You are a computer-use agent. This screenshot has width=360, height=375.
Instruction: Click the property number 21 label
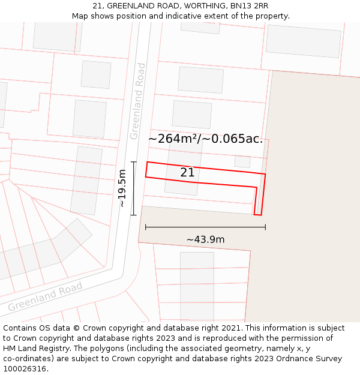click(x=187, y=173)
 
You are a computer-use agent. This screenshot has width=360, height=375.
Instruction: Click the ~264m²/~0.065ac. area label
click(x=206, y=139)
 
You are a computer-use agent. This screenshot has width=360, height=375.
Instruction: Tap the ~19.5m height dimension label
click(x=122, y=188)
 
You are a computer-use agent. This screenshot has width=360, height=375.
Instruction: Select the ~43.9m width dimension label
click(x=205, y=240)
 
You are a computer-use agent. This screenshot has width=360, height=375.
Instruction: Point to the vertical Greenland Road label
click(x=137, y=101)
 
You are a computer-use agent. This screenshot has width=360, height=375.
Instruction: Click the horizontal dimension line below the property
click(x=205, y=227)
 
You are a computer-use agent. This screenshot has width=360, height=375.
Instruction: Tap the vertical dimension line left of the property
click(x=133, y=188)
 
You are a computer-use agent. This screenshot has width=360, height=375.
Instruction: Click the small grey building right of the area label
click(x=242, y=161)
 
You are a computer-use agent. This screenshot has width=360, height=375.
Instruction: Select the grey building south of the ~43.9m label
click(x=197, y=285)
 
